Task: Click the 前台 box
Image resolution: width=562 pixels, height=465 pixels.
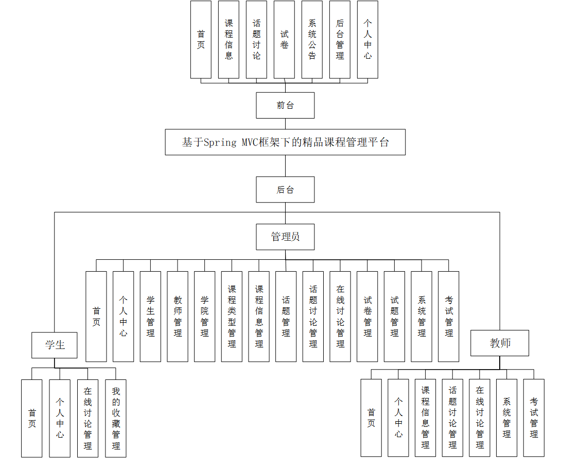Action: point(285,105)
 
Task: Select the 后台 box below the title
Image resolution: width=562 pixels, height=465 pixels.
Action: point(285,190)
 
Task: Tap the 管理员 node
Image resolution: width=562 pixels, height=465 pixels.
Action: point(285,237)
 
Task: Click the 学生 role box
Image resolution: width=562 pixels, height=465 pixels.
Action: point(55,345)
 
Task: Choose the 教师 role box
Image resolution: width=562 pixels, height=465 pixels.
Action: point(500,343)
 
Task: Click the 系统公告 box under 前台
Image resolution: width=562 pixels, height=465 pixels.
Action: point(312,40)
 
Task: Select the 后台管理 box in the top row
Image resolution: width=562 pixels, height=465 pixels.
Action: point(340,40)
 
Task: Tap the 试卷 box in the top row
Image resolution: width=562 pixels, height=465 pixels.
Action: point(284,40)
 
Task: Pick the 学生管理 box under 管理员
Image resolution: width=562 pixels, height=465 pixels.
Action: point(150,317)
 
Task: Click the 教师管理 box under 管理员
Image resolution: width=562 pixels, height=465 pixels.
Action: point(178,317)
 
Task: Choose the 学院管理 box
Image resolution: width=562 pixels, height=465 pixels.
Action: point(204,317)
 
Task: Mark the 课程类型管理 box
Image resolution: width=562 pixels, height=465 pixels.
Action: point(232,317)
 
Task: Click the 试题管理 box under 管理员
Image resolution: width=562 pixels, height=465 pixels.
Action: point(394,317)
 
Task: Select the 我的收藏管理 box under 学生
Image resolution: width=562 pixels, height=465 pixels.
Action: point(116,418)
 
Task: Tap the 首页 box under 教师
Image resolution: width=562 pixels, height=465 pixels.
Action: point(371,418)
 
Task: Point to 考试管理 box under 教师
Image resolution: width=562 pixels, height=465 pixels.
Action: point(534,418)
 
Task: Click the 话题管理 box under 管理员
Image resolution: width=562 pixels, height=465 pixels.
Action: point(286,317)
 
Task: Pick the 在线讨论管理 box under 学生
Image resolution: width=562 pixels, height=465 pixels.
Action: point(87,418)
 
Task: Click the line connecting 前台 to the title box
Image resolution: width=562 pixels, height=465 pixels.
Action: point(285,124)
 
